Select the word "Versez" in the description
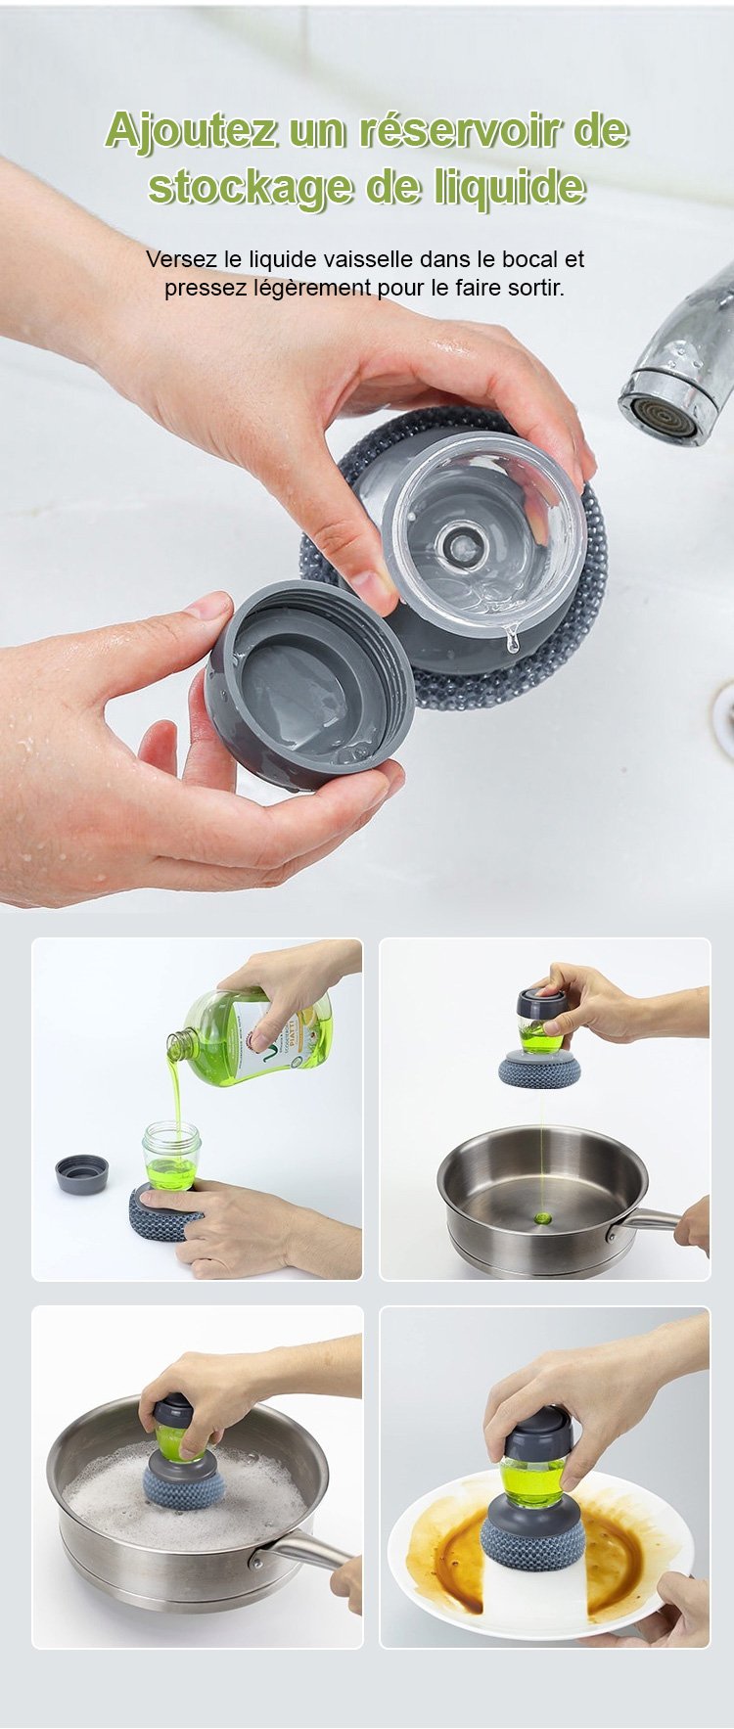click(180, 259)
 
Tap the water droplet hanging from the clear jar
click(510, 642)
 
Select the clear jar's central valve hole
click(458, 540)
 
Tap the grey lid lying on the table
click(81, 1173)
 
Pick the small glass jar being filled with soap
click(171, 1158)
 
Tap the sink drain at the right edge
click(725, 719)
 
